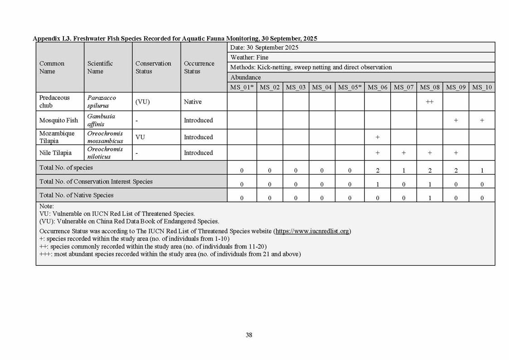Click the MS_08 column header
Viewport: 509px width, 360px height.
click(430, 87)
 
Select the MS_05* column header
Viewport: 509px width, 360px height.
click(349, 87)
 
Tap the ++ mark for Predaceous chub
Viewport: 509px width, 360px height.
click(430, 102)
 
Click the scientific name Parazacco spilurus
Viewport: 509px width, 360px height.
click(102, 102)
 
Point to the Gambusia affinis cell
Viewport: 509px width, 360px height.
click(102, 120)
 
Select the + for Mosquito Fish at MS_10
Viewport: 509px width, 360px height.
click(482, 121)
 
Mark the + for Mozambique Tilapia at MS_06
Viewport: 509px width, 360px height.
click(377, 137)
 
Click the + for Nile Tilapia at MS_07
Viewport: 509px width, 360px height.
click(403, 153)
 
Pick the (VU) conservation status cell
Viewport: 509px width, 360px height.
click(143, 102)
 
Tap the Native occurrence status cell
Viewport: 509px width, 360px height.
click(193, 102)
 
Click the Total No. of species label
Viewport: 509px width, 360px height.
click(66, 168)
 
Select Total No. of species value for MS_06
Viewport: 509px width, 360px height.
click(377, 171)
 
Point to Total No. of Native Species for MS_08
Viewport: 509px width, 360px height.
click(430, 198)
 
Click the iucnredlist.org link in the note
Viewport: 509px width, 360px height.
click(312, 231)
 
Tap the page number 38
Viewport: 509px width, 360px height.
click(249, 335)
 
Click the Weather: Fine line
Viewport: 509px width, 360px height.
click(249, 58)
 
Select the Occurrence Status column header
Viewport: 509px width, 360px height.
click(199, 67)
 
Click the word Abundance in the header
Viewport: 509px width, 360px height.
click(246, 78)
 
